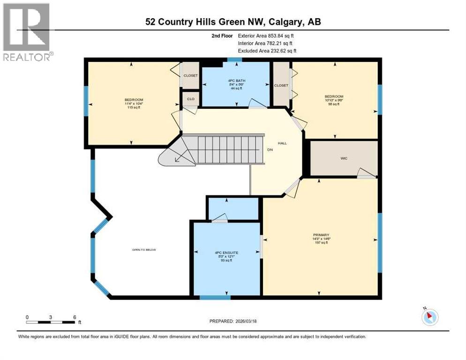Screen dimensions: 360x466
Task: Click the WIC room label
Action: [x=344, y=158]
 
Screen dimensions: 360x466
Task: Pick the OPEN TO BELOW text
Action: [x=143, y=250]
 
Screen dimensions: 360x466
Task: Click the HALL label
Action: [x=282, y=143]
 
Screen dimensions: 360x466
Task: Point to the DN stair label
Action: [x=270, y=150]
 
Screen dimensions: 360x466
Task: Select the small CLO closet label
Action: [x=190, y=99]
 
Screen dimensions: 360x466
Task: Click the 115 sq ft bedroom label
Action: [x=134, y=104]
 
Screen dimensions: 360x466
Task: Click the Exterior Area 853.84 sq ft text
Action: [x=266, y=35]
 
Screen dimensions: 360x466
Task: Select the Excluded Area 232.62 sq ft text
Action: [x=267, y=51]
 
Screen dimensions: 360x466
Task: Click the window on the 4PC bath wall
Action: [x=234, y=60]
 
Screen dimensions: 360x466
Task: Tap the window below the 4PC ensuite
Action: [x=215, y=297]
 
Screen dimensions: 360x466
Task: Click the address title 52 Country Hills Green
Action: [x=233, y=22]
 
